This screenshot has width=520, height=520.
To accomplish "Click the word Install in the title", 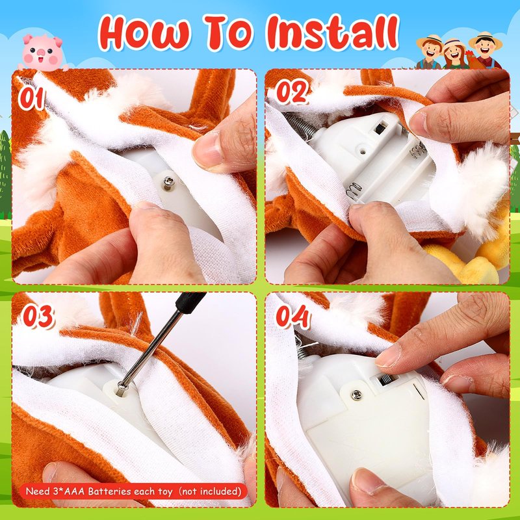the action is coord(332,32).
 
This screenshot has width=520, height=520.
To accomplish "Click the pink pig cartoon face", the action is coord(42,53).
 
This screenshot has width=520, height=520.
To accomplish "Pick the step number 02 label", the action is coord(292,92).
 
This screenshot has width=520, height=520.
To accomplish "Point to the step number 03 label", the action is coord(38,317).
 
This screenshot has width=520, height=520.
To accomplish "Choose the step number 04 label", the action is coord(293,317).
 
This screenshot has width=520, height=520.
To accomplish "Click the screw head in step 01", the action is coord(169,181).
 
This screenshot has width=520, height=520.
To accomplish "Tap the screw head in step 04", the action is coord(356,395).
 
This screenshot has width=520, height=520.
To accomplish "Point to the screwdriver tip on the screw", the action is coord(122,387).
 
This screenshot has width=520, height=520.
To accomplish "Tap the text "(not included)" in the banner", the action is coord(209,491).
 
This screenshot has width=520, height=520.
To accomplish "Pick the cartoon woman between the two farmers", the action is coord(454,55).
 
